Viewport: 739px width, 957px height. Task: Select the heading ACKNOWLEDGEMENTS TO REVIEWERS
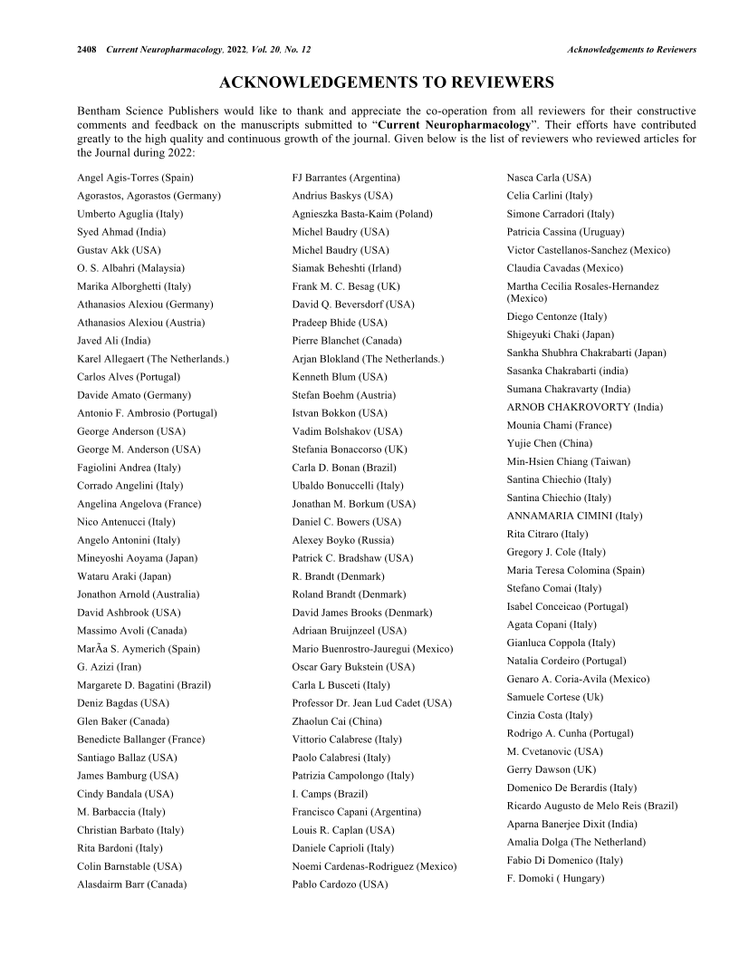(387, 83)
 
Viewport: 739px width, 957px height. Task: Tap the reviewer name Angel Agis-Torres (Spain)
(135, 178)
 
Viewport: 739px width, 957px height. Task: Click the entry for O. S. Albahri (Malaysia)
(130, 268)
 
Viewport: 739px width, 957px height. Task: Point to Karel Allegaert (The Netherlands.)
(153, 359)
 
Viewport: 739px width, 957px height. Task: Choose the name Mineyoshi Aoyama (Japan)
(137, 558)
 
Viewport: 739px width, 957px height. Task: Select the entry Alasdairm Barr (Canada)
(131, 884)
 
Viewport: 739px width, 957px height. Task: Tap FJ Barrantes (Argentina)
(346, 178)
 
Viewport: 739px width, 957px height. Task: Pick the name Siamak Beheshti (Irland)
(346, 268)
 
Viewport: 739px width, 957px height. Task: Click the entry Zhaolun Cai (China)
(337, 721)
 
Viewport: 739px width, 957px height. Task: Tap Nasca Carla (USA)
(549, 178)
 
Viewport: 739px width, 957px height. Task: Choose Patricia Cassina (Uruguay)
(565, 232)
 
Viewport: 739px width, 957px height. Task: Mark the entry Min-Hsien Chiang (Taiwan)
(569, 461)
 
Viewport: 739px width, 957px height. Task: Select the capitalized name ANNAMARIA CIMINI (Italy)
(574, 516)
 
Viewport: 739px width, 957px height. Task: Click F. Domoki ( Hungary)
(555, 878)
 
